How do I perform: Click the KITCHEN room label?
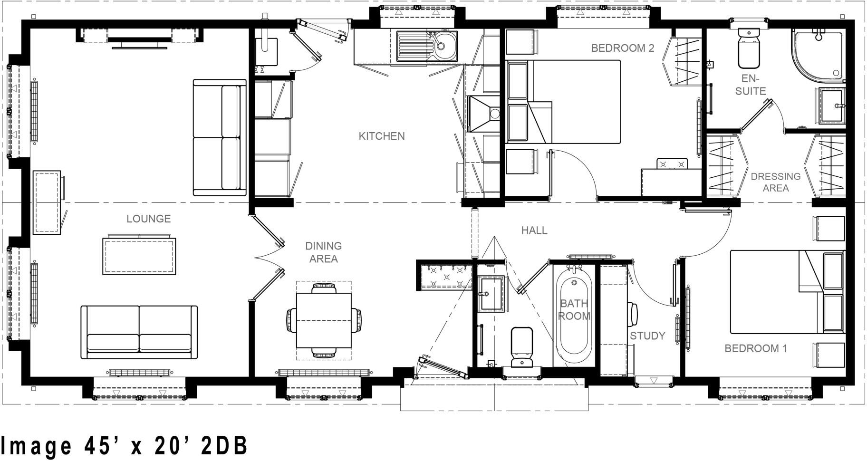point(382,136)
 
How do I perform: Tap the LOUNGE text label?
point(148,219)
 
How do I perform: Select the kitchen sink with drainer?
point(426,46)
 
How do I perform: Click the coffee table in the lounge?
point(139,256)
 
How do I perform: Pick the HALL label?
point(534,230)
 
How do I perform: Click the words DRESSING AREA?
point(776,182)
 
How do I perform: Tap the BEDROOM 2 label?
point(623,48)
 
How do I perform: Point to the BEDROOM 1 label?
point(755,348)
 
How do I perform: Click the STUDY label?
point(647,336)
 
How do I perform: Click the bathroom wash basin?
point(490,294)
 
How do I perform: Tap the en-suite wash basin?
point(833,106)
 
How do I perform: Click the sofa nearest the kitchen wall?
point(220,137)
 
